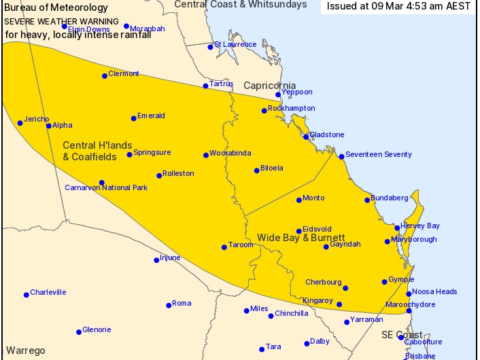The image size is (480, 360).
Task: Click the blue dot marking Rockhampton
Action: click(x=264, y=111)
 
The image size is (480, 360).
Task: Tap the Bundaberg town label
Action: click(x=390, y=198)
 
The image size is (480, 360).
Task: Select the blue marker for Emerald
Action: click(x=134, y=118)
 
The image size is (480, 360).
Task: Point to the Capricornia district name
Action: click(x=271, y=86)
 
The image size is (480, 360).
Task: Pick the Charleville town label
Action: click(x=48, y=292)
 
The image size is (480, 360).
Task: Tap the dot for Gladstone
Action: click(x=307, y=137)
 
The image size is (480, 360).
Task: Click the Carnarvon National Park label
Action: click(x=106, y=187)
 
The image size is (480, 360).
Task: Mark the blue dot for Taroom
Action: click(x=224, y=247)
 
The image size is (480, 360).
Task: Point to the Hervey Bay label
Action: click(x=421, y=226)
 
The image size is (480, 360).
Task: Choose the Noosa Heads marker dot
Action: click(x=409, y=294)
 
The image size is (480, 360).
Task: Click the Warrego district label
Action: click(x=25, y=350)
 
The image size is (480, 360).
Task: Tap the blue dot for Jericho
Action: click(x=20, y=123)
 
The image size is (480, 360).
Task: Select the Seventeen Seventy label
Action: click(x=379, y=154)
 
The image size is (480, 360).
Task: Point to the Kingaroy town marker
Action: click(x=339, y=304)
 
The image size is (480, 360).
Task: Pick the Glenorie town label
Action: click(x=97, y=329)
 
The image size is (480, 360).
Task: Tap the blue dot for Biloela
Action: click(x=257, y=170)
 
